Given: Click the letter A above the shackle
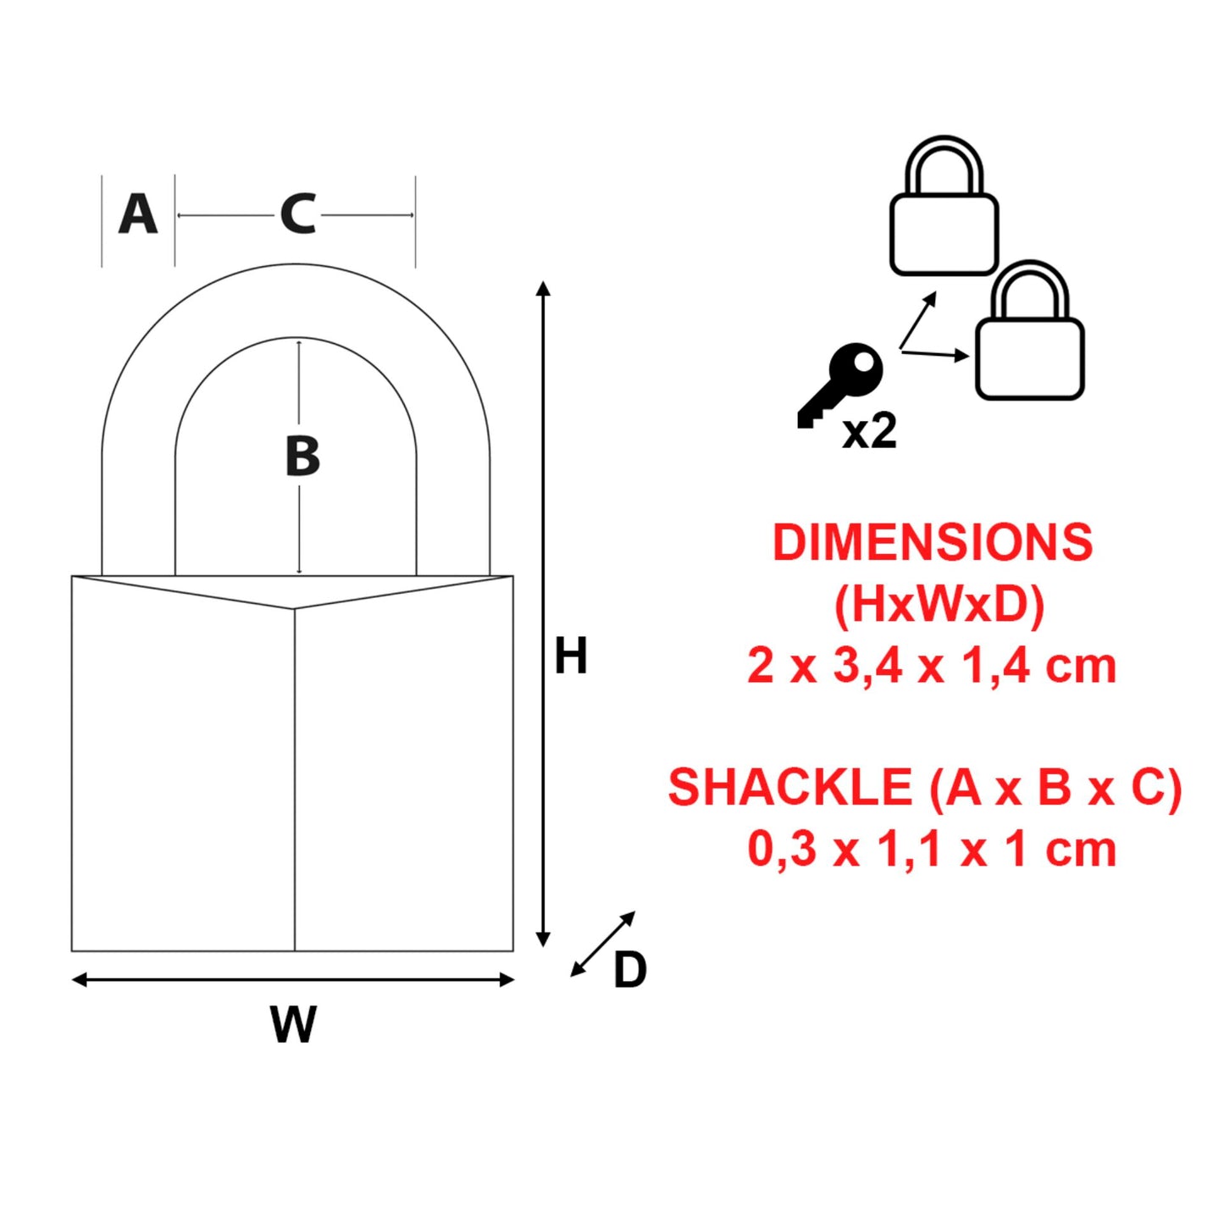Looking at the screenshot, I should tap(138, 214).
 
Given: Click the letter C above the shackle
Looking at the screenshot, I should tap(297, 214).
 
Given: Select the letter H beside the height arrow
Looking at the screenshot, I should tap(570, 656).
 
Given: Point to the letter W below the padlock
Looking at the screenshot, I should tap(293, 1024).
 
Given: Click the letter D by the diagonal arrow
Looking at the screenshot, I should tap(629, 970).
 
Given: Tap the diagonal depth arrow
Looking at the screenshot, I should tap(603, 944).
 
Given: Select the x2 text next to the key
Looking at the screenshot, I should tap(869, 432).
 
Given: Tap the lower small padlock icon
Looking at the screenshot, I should tap(1029, 334).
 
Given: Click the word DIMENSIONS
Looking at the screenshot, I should tap(933, 542).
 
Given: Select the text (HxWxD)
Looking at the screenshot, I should tap(939, 604).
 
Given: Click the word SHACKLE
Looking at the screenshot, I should tap(789, 787).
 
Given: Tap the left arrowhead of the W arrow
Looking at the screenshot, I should tap(80, 980).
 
